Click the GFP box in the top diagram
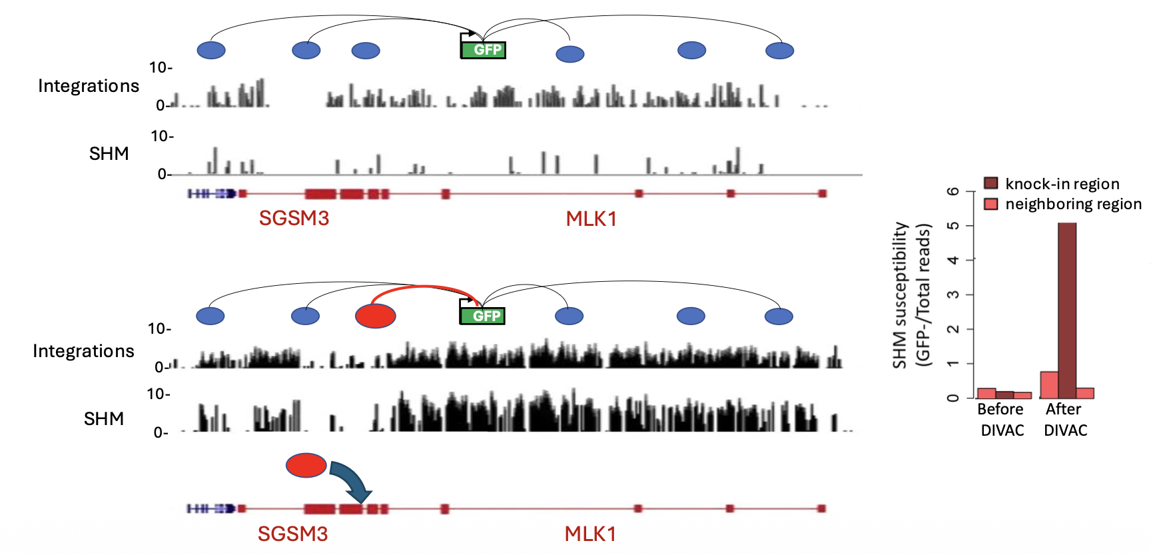point(484,50)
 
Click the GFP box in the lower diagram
point(482,316)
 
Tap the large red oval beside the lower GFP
point(376,316)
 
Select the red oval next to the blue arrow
point(306,465)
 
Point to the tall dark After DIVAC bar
point(1067,310)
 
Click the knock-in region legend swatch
point(991,183)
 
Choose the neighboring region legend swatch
point(991,203)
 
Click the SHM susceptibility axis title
point(911,295)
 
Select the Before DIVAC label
point(1001,420)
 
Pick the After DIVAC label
point(1064,420)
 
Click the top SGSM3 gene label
point(294,219)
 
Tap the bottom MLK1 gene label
point(590,534)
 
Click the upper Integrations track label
point(89,86)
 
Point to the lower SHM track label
point(104,418)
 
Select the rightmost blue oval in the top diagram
point(779,51)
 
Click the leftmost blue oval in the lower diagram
point(210,316)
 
